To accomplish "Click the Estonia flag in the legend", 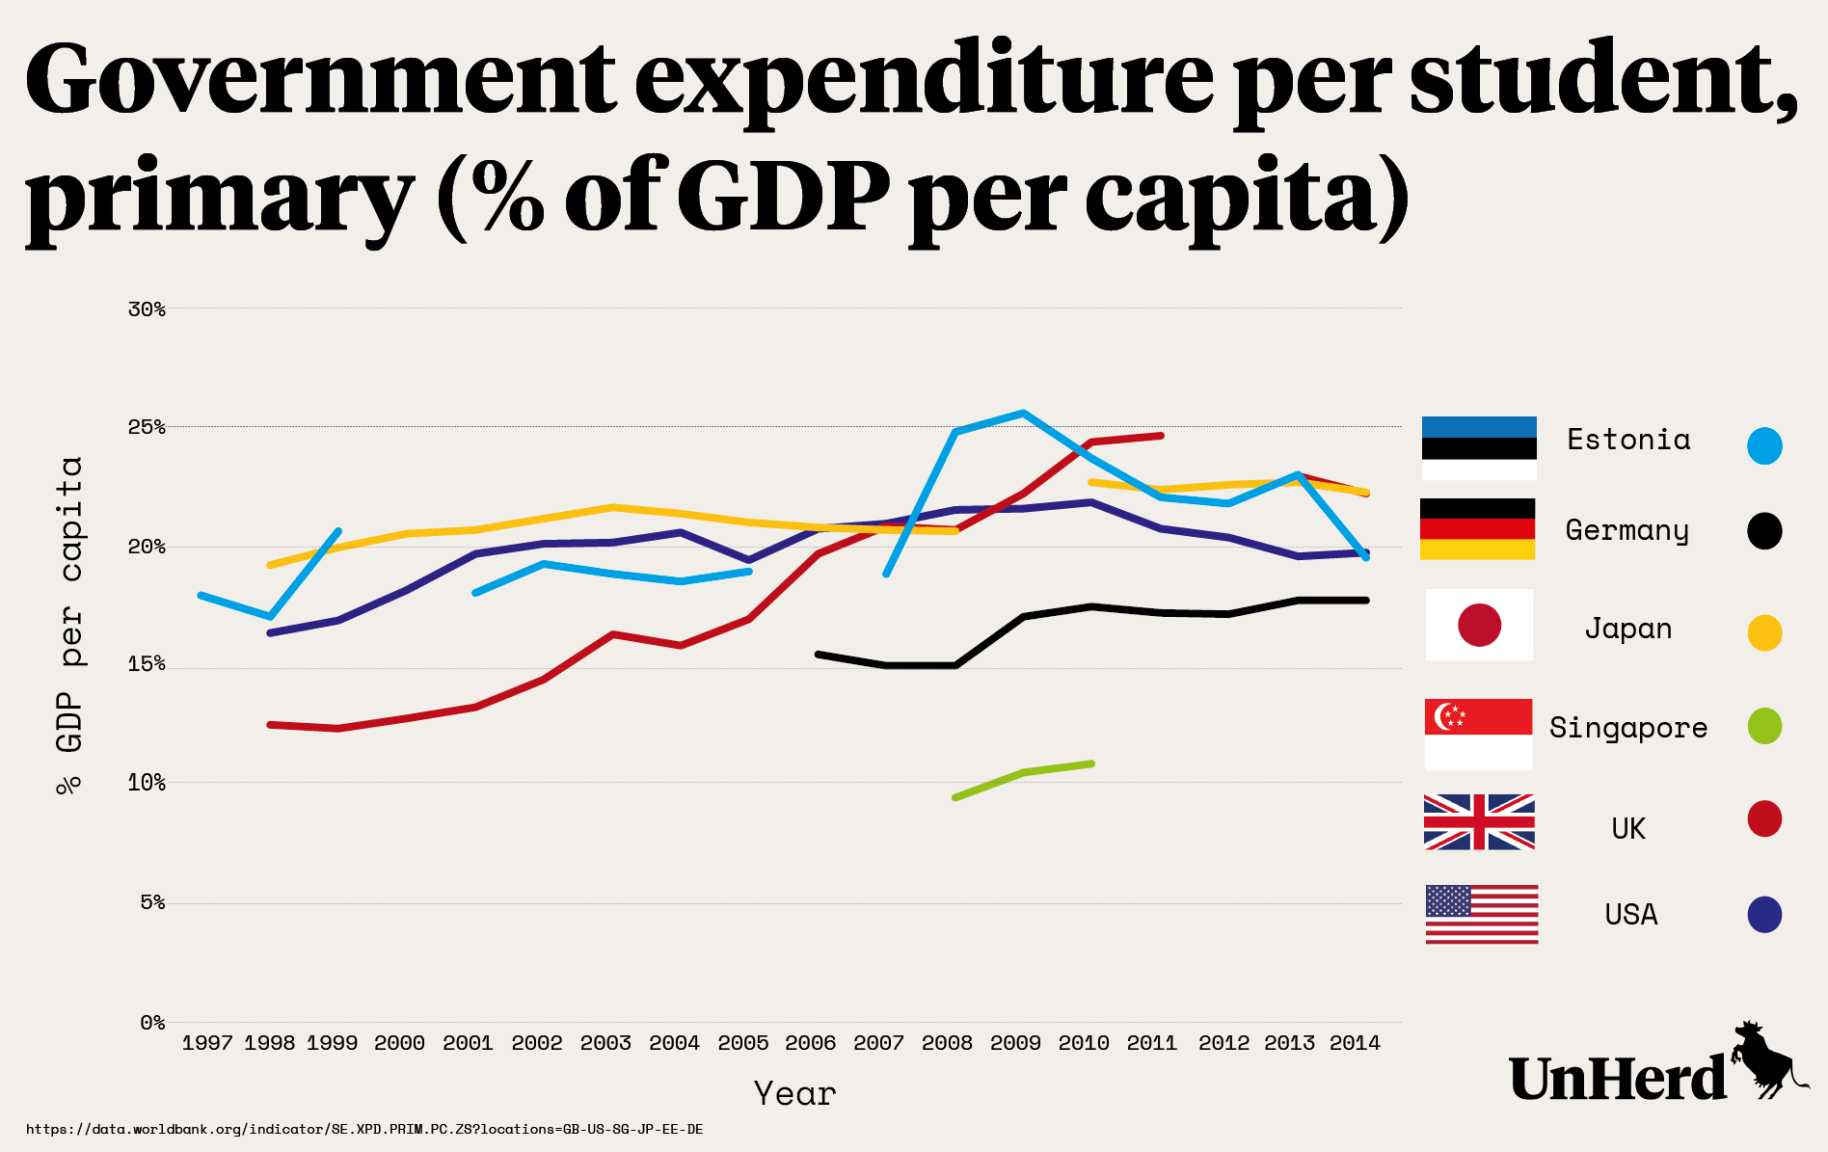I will coord(1479,448).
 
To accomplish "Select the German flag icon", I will coord(1477,529).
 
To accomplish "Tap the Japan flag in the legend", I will coord(1479,625).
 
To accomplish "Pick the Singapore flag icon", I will coord(1478,734).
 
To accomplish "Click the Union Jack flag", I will coord(1479,822).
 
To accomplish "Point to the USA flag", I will coord(1482,914).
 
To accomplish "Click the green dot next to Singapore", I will coord(1764,726).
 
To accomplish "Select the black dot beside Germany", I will coord(1764,531).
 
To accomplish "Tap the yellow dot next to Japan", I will coord(1764,633).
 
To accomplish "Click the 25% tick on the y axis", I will coord(147,427).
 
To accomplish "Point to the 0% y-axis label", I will coord(152,1023).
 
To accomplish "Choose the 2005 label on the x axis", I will coord(743,1043).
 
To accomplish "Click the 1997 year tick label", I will coord(207,1043).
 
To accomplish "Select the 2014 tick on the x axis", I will coord(1355,1043).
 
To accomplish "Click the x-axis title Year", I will coord(794,1094).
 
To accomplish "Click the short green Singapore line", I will coord(1023,773).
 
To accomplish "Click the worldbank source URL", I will coord(364,1129).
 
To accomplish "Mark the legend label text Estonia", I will coord(1628,441).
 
